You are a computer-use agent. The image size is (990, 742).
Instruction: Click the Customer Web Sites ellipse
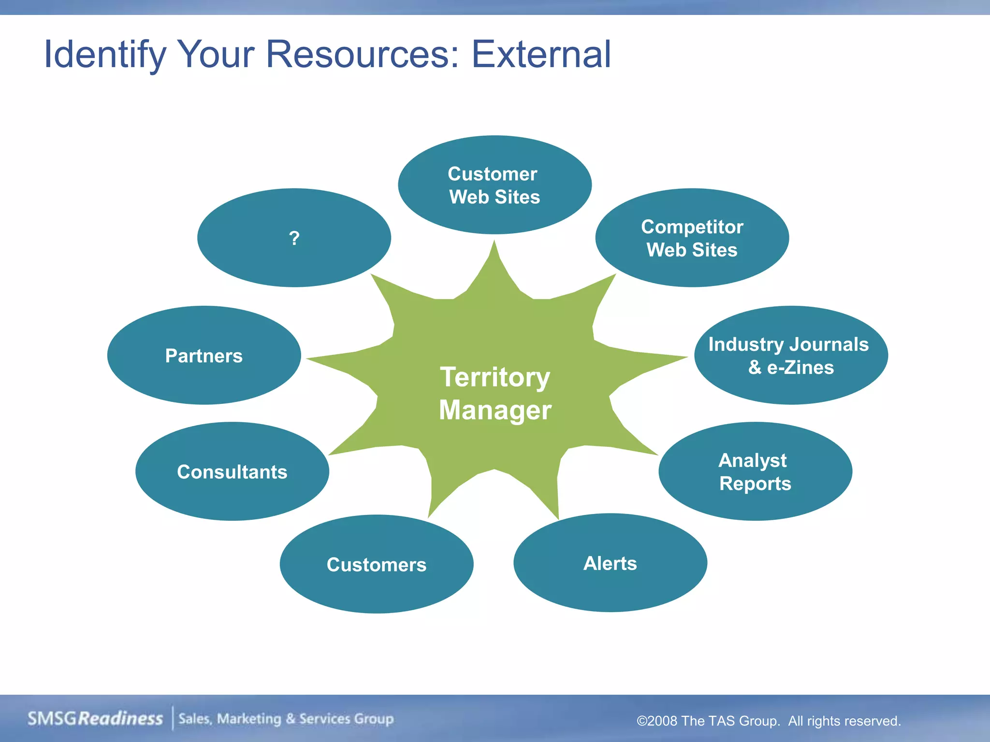coord(494,185)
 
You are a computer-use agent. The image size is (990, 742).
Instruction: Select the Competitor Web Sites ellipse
coord(692,238)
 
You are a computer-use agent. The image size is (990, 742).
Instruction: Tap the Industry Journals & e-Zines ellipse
coord(790,356)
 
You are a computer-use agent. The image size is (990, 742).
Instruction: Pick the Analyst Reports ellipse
coord(755,471)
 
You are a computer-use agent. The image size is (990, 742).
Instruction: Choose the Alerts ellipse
coord(610,563)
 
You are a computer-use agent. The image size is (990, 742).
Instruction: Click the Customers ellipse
coord(376,564)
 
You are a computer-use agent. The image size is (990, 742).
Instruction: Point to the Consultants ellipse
coord(232,471)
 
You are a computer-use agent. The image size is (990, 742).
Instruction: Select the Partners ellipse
coord(204,356)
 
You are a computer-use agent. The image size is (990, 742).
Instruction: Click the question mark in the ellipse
coord(294,238)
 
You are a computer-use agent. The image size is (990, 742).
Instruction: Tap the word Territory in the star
coord(495,377)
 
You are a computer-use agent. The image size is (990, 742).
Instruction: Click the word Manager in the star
coord(495,410)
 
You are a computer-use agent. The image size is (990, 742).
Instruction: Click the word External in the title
coord(541,54)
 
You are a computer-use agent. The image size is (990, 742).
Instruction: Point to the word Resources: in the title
coord(363,54)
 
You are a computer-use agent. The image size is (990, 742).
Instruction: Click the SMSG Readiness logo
coord(95,718)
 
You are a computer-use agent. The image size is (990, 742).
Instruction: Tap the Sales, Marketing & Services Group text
coord(286,719)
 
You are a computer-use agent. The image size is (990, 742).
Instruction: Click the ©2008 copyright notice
coord(768,721)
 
